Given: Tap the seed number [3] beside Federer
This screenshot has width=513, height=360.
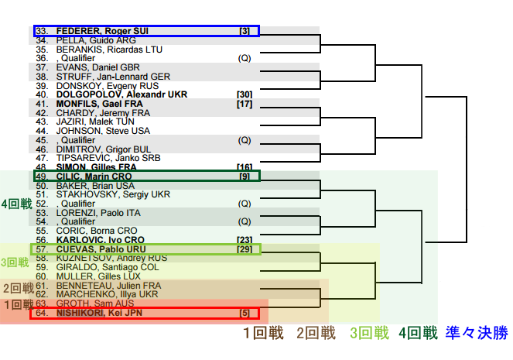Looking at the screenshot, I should pyautogui.click(x=245, y=31).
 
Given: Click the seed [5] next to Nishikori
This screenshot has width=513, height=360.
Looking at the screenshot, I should pyautogui.click(x=245, y=314).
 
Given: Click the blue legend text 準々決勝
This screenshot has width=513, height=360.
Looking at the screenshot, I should pyautogui.click(x=477, y=334).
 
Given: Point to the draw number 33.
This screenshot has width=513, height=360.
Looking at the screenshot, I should pyautogui.click(x=42, y=31).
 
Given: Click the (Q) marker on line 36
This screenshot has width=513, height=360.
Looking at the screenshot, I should pyautogui.click(x=245, y=58).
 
